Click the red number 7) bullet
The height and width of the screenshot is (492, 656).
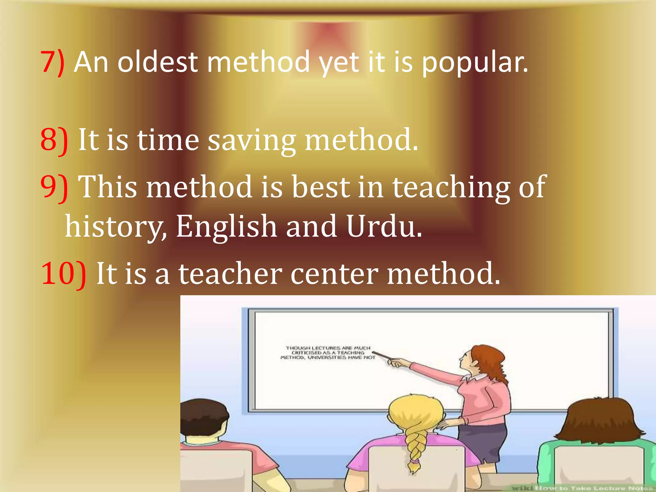53,62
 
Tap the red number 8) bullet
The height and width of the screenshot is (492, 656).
54,140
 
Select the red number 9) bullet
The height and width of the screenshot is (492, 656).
54,187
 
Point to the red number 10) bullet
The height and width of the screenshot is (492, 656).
63,274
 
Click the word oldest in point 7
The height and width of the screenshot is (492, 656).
157,62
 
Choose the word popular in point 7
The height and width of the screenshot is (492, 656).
474,63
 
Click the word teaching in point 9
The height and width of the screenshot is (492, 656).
451,187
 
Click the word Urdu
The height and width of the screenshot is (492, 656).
384,226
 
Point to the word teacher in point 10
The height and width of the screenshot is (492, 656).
230,274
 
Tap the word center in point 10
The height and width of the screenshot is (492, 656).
334,274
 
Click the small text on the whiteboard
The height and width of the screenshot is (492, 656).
328,352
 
